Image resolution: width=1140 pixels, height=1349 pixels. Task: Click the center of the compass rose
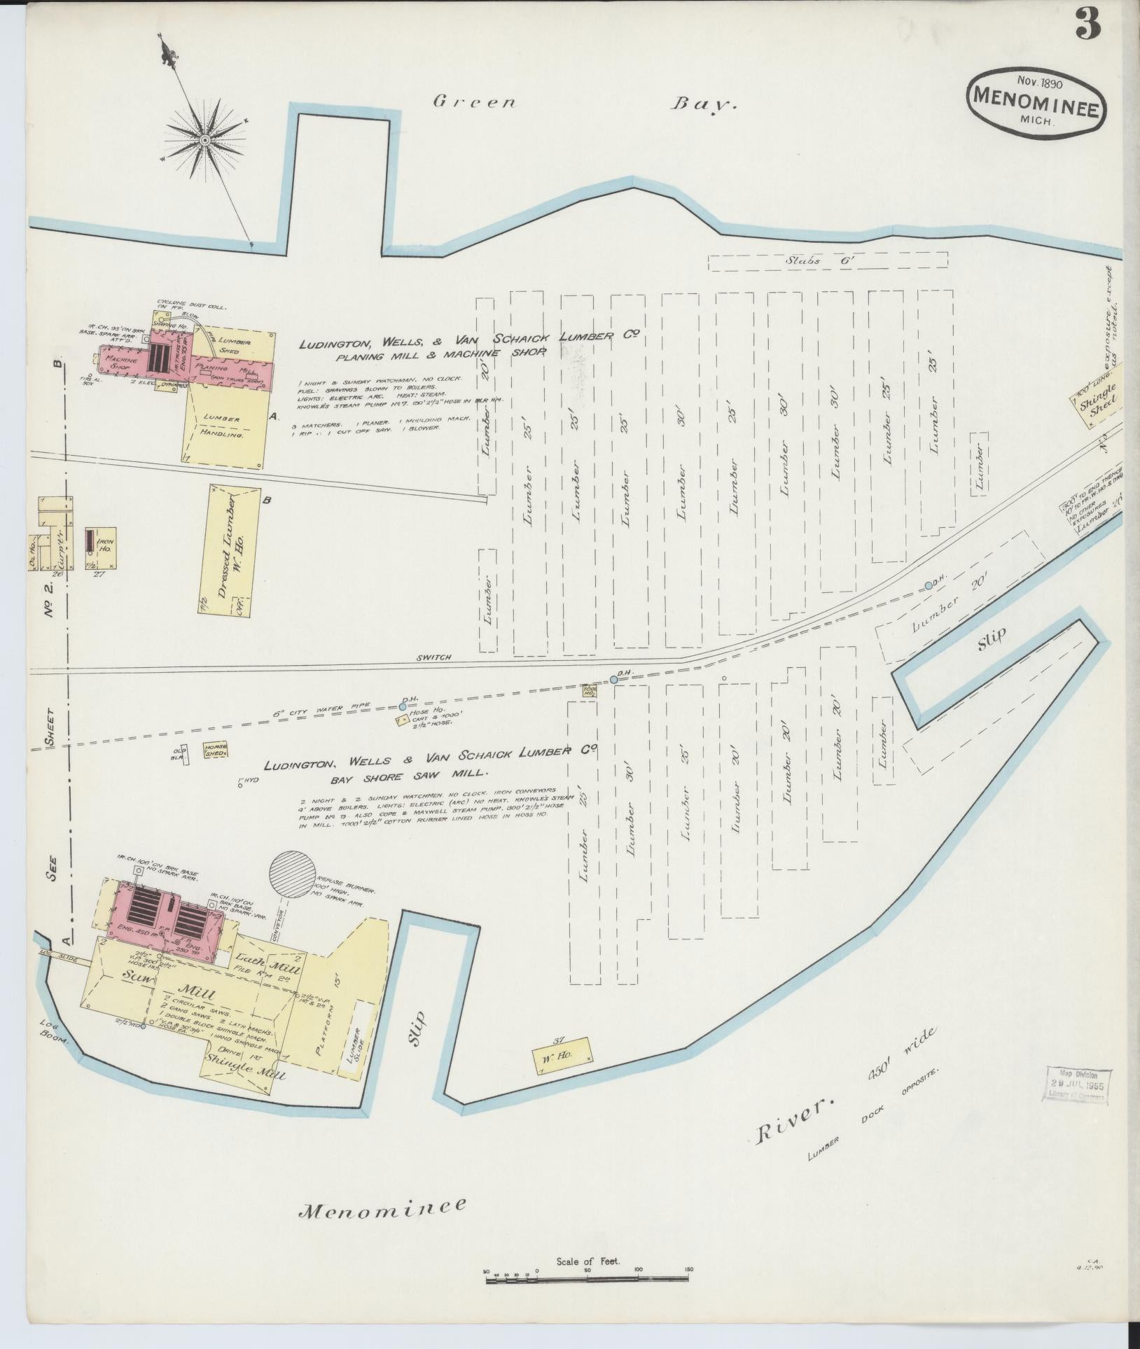pos(205,141)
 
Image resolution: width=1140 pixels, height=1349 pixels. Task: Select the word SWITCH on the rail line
pos(433,657)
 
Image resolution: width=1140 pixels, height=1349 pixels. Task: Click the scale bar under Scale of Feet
pos(588,1280)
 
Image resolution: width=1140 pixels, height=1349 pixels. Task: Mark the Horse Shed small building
pos(216,750)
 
